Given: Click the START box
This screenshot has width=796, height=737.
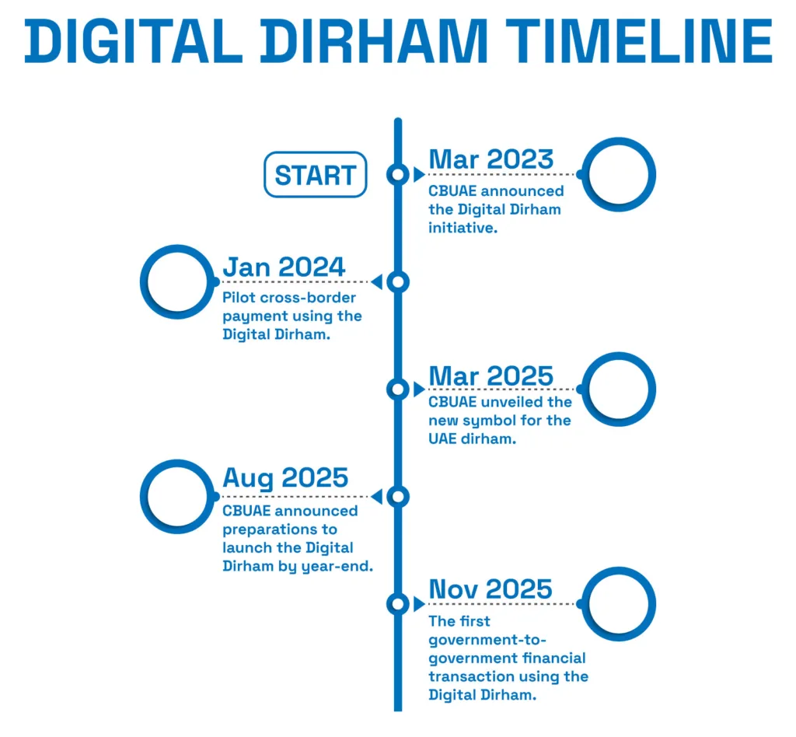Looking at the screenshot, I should pyautogui.click(x=315, y=174).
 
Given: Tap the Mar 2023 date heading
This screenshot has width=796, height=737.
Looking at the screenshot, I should pyautogui.click(x=491, y=159).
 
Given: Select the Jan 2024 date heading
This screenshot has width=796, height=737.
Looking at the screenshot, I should pyautogui.click(x=284, y=267).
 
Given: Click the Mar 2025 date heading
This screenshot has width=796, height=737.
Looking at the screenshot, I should pyautogui.click(x=491, y=375).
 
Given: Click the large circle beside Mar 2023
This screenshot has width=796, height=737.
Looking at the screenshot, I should pyautogui.click(x=619, y=174).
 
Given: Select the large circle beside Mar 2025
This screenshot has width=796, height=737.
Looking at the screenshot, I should pyautogui.click(x=619, y=389).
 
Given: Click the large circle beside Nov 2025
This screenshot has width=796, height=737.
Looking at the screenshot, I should pyautogui.click(x=619, y=604).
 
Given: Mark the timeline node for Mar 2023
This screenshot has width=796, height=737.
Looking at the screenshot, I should pyautogui.click(x=397, y=174).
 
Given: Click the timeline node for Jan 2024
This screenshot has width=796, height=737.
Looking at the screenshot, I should pyautogui.click(x=397, y=281).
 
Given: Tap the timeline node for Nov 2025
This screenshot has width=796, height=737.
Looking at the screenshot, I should pyautogui.click(x=397, y=603).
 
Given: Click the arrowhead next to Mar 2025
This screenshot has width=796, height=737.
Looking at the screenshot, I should pyautogui.click(x=419, y=389).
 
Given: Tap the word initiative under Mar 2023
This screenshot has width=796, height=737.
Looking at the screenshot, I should pyautogui.click(x=463, y=229).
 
